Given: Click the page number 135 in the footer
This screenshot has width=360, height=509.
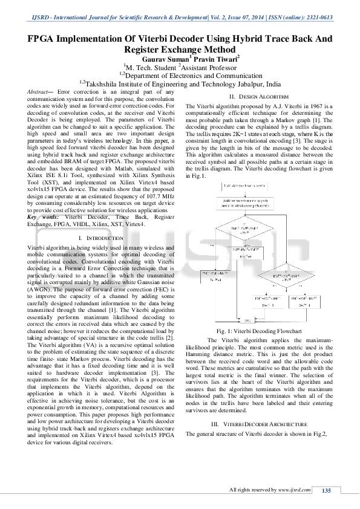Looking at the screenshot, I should click(x=326, y=490).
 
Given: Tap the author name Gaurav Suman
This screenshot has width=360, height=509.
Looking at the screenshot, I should click(x=166, y=59).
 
